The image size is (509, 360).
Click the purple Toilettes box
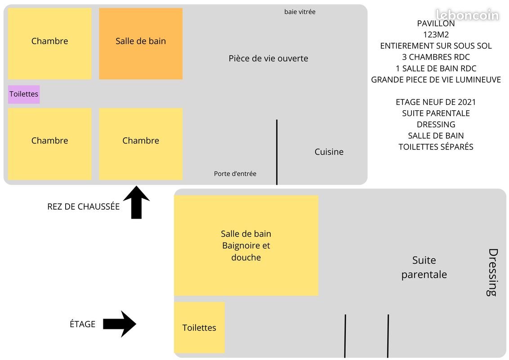(x=24, y=94)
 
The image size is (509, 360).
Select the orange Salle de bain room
(x=141, y=44)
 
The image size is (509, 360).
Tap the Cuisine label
(x=329, y=152)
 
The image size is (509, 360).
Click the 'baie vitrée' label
(x=299, y=12)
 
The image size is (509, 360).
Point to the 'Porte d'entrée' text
(x=235, y=174)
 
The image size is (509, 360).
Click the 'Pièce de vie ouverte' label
(x=268, y=58)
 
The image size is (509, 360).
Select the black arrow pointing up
(x=136, y=202)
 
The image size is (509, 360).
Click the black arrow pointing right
(x=120, y=324)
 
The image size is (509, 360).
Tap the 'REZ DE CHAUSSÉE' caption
(x=84, y=206)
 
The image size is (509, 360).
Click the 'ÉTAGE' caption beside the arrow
(x=82, y=324)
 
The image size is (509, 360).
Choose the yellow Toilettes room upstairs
(x=199, y=328)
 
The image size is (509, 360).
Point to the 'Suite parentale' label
(x=424, y=267)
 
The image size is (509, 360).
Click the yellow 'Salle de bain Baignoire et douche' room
(x=246, y=245)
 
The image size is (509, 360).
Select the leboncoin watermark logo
(x=467, y=15)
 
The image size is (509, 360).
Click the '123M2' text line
(x=436, y=35)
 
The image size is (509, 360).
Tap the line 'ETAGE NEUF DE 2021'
(x=436, y=102)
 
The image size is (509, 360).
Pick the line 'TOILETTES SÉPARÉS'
(x=436, y=147)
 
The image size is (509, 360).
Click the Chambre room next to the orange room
(x=49, y=44)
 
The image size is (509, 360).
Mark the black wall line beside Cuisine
(x=277, y=152)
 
